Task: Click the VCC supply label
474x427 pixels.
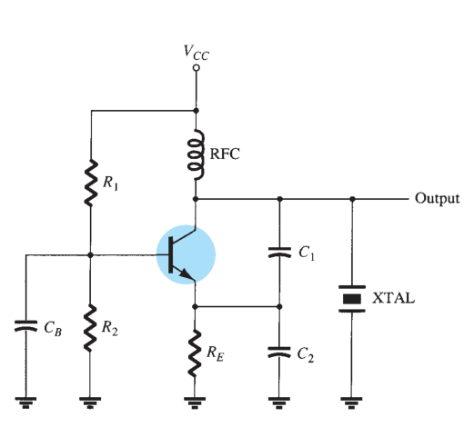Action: coord(197,53)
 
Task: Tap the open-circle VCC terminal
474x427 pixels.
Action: coord(197,68)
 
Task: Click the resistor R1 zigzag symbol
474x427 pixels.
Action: coord(91,184)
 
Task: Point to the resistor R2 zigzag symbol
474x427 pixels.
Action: coord(90,329)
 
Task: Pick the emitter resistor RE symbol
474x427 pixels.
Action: coord(195,353)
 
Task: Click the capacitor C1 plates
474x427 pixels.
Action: coord(279,253)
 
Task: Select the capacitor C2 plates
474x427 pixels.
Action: coord(279,353)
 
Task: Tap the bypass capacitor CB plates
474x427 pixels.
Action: coord(25,326)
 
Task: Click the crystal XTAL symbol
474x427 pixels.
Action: coord(352,299)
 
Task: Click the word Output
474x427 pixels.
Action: coord(438,199)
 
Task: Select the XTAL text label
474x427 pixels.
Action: coord(393,298)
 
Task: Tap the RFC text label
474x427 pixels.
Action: coord(225,154)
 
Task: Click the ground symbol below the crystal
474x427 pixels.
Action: coord(351,402)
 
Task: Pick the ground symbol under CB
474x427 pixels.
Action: coord(25,402)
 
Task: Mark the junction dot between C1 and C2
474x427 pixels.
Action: coord(279,307)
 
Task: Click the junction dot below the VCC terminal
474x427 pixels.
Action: coord(197,111)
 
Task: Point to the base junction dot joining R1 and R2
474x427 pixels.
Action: coord(90,255)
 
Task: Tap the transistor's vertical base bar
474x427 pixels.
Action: coord(171,255)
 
